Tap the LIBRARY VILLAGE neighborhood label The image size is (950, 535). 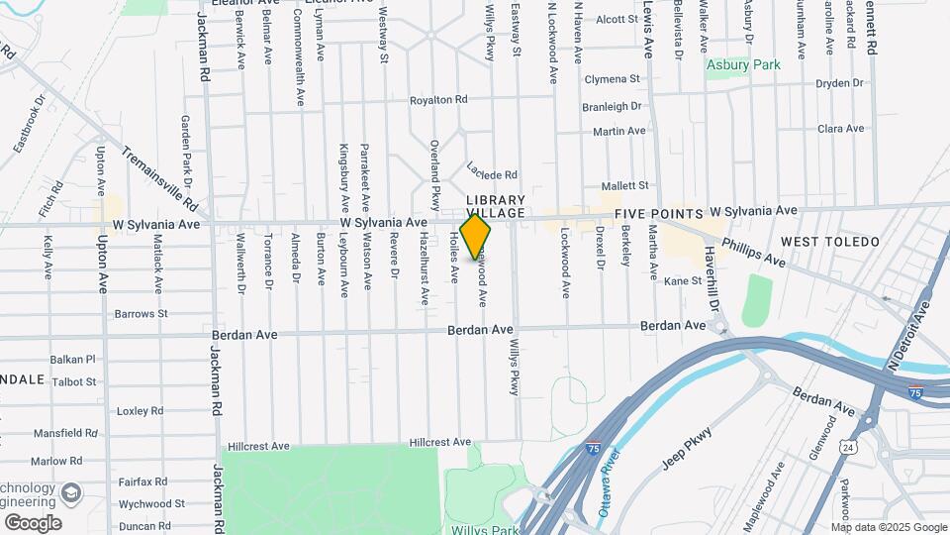pyautogui.click(x=496, y=206)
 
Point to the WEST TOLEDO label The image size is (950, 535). pyautogui.click(x=829, y=242)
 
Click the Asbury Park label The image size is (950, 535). pyautogui.click(x=742, y=65)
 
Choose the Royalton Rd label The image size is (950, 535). pyautogui.click(x=438, y=100)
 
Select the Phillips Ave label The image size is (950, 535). pyautogui.click(x=753, y=252)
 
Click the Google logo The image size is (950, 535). pyautogui.click(x=33, y=522)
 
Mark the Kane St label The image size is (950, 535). pyautogui.click(x=682, y=281)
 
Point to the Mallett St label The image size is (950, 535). pyautogui.click(x=625, y=185)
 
